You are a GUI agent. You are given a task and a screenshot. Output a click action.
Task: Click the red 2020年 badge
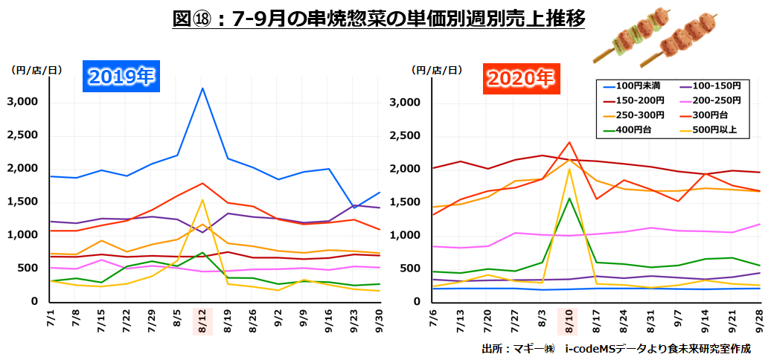pos(519,77)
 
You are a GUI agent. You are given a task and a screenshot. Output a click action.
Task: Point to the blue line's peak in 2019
pos(202,89)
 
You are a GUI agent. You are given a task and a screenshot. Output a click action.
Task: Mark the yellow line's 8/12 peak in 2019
pos(202,199)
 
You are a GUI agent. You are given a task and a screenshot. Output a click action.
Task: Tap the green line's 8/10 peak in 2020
pos(569,197)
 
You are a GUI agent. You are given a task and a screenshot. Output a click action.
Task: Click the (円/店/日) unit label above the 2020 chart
pos(435,70)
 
